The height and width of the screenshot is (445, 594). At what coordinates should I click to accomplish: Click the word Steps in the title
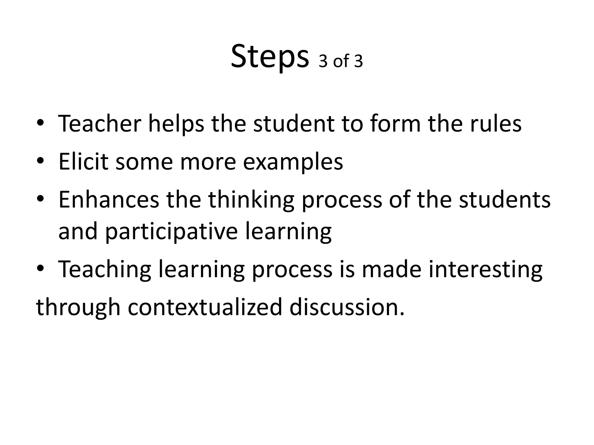(270, 57)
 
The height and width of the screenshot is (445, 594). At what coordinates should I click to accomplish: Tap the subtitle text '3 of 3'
(341, 61)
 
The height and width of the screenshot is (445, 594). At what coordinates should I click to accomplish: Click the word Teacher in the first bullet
(100, 124)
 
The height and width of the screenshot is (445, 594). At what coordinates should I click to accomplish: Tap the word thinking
(251, 201)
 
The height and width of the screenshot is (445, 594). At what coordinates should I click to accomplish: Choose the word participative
(171, 232)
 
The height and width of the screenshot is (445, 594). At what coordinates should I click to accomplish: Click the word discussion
(347, 307)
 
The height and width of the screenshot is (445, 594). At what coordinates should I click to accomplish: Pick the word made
(392, 269)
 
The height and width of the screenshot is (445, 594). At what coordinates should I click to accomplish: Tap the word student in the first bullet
(294, 124)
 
